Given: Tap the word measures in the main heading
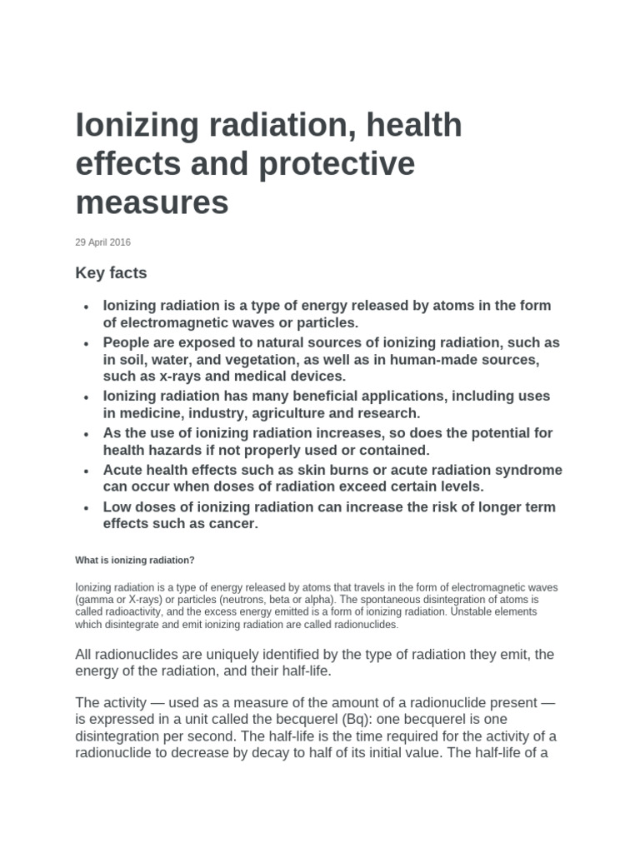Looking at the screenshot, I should click(152, 202).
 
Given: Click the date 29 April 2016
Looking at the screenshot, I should click(102, 242).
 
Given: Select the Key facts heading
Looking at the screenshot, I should click(111, 273).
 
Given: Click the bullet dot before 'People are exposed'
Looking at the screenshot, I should click(87, 344).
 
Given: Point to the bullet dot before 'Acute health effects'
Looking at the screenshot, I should click(87, 471).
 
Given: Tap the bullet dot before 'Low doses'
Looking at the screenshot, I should click(87, 508).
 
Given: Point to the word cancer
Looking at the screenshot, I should click(228, 524).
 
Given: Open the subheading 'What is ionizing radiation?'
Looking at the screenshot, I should click(135, 560).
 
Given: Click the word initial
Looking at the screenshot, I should click(362, 755).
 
